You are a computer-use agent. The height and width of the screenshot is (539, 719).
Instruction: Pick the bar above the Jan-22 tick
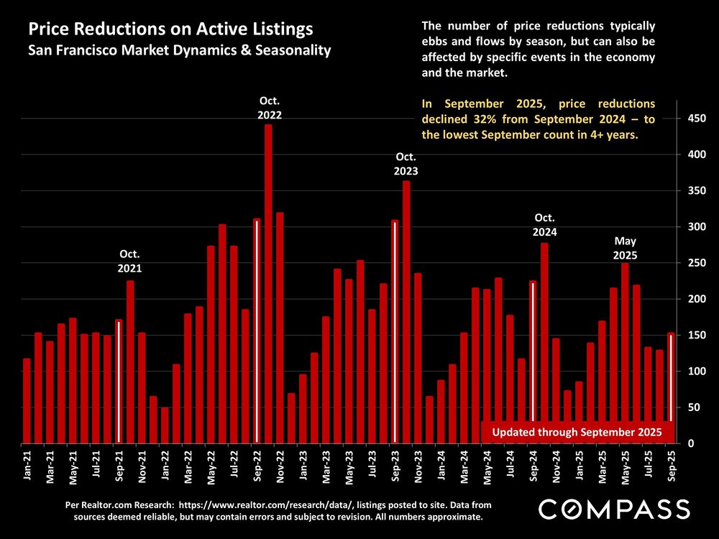coord(165,425)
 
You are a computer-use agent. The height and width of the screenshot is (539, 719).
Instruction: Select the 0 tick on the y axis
coord(690,443)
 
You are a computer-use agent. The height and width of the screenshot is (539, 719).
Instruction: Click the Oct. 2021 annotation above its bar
coord(130,261)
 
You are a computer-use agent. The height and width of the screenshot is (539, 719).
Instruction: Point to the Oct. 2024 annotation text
coord(544,225)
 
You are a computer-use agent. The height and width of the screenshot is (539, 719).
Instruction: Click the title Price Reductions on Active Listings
coord(170,30)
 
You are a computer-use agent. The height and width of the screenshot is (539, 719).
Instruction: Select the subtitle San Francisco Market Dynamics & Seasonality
coord(179,51)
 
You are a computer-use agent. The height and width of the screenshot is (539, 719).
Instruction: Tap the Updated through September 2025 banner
coord(577,432)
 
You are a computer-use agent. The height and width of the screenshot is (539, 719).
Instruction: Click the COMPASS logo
coord(614,509)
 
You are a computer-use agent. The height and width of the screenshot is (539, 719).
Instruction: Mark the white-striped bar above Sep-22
coord(257,331)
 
